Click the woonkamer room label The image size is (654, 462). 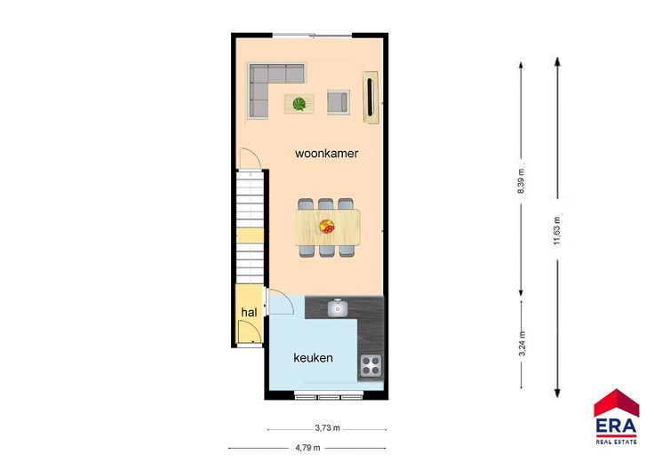tap(327, 154)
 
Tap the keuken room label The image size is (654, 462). tap(314, 358)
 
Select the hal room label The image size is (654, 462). tap(249, 313)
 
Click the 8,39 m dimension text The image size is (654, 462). tap(521, 181)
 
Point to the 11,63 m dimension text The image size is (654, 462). tap(557, 231)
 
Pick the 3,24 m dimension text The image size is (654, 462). tap(522, 344)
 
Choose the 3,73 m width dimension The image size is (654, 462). tap(327, 428)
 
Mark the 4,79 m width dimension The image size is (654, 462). tap(307, 448)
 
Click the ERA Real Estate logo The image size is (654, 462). tap(617, 417)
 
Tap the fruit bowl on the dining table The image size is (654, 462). tap(327, 227)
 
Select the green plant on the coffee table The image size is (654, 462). tap(299, 104)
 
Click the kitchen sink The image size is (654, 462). tap(338, 307)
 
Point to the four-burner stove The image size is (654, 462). tap(371, 365)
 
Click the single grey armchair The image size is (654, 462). tap(338, 102)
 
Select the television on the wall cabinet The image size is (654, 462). tap(370, 97)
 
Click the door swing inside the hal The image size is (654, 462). tap(250, 332)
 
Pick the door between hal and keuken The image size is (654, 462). tap(280, 301)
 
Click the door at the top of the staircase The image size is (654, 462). tap(250, 158)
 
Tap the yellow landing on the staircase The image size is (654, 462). tap(251, 235)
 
